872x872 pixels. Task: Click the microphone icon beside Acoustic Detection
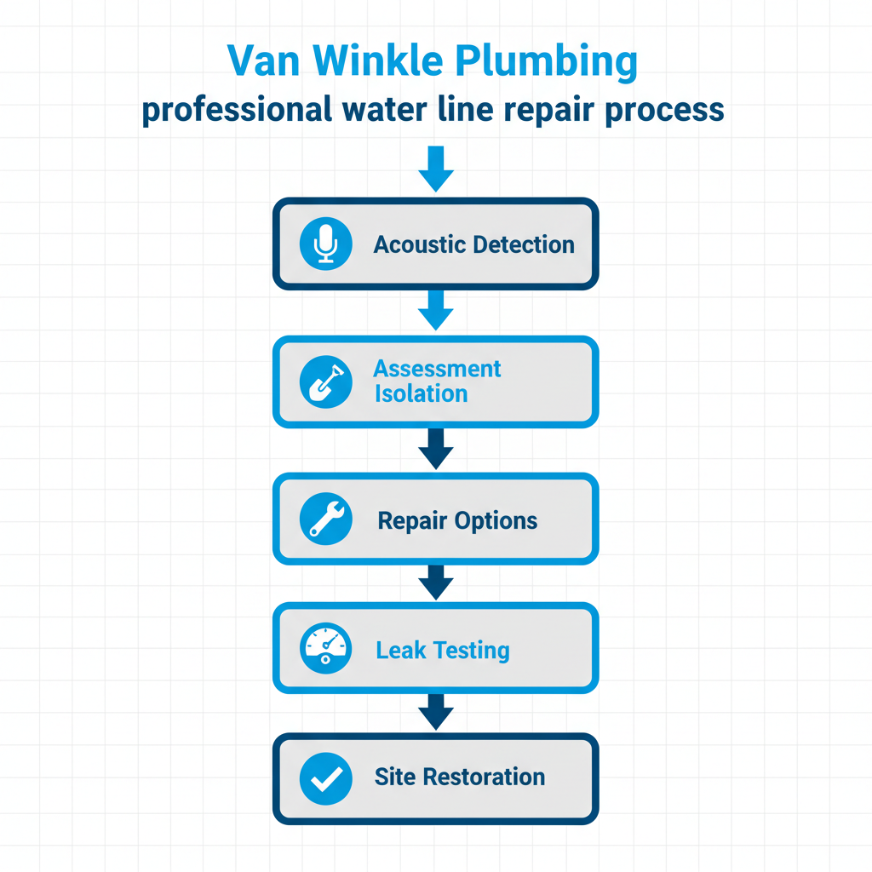click(325, 244)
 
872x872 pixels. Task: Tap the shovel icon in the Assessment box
click(325, 382)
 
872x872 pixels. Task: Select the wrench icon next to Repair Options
click(325, 520)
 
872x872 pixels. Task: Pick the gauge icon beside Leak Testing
click(325, 650)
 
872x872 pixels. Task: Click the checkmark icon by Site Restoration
click(325, 777)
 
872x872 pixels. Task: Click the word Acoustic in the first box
click(420, 245)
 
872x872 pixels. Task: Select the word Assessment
click(437, 369)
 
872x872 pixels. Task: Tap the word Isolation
click(421, 393)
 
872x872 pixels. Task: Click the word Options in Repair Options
click(496, 521)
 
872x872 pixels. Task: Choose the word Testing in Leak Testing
click(471, 651)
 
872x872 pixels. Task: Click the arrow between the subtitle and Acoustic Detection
click(436, 169)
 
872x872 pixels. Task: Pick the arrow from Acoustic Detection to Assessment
click(436, 309)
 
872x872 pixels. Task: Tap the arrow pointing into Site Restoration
click(436, 710)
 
